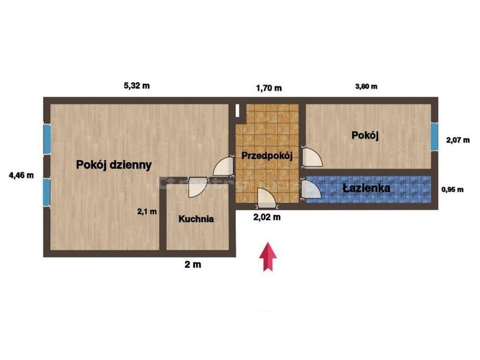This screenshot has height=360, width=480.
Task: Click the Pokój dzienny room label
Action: coord(114,165)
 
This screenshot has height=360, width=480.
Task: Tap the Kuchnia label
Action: coord(196,219)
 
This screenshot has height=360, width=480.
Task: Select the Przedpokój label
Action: coord(267,156)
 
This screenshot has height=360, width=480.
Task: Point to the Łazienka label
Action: coord(366,188)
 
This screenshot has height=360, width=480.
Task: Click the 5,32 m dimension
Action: coord(137,86)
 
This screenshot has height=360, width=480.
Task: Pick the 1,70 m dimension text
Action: coord(269,88)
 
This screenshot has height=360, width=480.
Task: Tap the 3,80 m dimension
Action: coord(366,86)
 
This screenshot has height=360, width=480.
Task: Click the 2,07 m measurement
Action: coord(458,140)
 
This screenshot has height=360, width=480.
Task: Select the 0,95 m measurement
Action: coord(452,190)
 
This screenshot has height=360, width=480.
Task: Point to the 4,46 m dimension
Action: coord(21,175)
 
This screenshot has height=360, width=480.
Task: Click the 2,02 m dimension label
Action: coord(267,217)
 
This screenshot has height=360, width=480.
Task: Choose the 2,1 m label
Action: coord(147,212)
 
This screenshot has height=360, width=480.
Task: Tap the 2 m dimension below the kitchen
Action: coord(193,265)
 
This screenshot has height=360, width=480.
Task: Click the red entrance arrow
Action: coord(268,257)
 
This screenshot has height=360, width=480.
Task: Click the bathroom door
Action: coord(311,190)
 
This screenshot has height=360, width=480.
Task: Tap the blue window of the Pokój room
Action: coord(434,137)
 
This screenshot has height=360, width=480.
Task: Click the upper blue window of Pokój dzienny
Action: coord(47,139)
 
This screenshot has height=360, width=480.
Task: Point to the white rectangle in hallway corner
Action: coord(238,110)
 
